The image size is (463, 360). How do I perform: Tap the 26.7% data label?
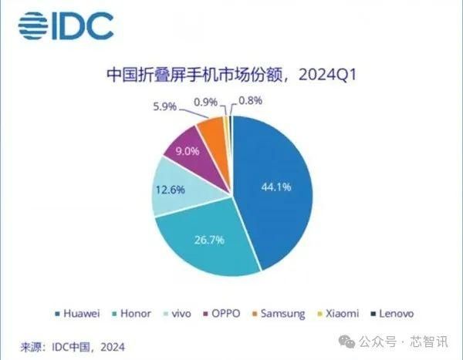(208, 241)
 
